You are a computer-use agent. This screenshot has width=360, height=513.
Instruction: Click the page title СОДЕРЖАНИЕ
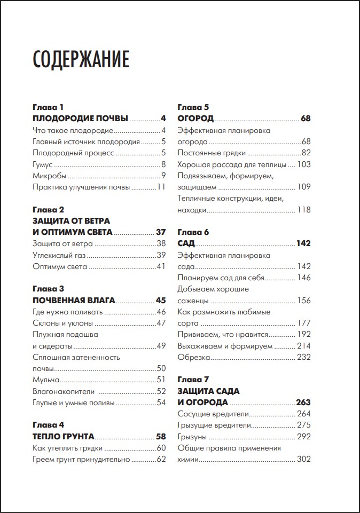pyautogui.click(x=81, y=60)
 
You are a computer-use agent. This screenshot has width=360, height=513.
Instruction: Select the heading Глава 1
pyautogui.click(x=48, y=107)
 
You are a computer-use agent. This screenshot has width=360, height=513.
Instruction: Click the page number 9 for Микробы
pyautogui.click(x=164, y=176)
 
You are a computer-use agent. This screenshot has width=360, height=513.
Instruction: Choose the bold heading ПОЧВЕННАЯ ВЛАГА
pyautogui.click(x=74, y=300)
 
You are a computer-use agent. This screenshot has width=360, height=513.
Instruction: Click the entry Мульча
pyautogui.click(x=46, y=380)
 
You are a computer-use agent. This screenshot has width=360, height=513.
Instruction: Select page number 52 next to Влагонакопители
pyautogui.click(x=161, y=391)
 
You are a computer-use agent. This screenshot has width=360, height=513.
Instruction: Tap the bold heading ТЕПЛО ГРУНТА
pyautogui.click(x=64, y=436)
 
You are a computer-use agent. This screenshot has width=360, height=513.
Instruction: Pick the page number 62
pyautogui.click(x=161, y=459)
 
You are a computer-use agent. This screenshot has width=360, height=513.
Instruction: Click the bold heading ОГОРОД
pyautogui.click(x=195, y=119)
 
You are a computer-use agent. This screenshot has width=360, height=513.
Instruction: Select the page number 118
pyautogui.click(x=304, y=210)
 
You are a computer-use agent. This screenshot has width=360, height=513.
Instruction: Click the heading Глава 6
pyautogui.click(x=193, y=232)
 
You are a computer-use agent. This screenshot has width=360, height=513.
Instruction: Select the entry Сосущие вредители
pyautogui.click(x=213, y=414)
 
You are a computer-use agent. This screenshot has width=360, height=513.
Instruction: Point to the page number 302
pyautogui.click(x=304, y=459)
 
